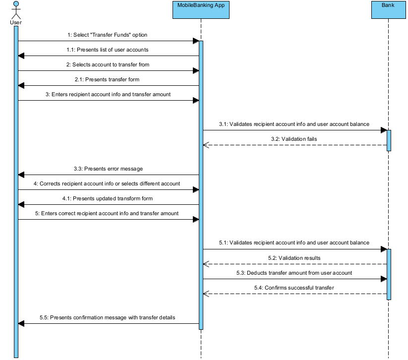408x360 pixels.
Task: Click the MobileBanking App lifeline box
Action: point(201,10)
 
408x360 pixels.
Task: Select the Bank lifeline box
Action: point(388,10)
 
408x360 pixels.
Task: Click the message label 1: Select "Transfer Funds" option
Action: point(108,35)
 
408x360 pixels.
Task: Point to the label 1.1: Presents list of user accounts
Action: point(108,50)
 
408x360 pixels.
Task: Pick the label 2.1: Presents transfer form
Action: point(108,79)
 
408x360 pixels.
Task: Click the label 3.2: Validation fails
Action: point(294,139)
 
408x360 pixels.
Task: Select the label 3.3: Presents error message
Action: point(108,169)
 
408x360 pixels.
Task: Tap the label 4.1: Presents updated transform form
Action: point(108,198)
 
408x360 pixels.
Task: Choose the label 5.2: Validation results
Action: point(294,258)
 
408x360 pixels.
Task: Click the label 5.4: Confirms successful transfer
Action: point(294,288)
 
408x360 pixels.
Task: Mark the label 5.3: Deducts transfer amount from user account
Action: point(294,273)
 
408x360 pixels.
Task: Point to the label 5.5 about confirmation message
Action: point(108,317)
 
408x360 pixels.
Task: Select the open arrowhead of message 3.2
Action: point(206,145)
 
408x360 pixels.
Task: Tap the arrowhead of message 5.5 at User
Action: point(21,323)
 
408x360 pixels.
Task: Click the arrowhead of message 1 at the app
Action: point(196,41)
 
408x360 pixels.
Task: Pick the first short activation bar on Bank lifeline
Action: point(389,140)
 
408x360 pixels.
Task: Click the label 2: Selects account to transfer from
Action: point(108,64)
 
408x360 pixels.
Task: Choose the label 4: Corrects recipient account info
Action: point(108,183)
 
